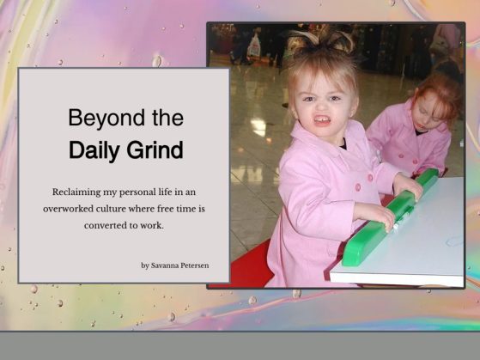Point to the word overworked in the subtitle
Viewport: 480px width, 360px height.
click(68, 209)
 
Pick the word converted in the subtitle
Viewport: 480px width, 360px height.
click(106, 225)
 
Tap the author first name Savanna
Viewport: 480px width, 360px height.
click(165, 265)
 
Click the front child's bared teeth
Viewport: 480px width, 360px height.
click(323, 120)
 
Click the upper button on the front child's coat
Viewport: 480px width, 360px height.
click(370, 178)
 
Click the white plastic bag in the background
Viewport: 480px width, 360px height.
click(254, 46)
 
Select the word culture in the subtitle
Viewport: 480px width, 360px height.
click(111, 209)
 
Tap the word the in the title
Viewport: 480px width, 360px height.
click(167, 118)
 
